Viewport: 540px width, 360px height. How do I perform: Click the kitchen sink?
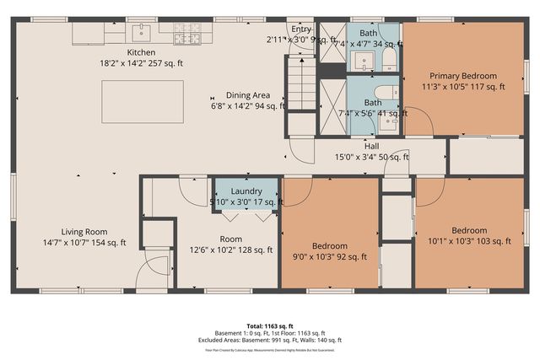pos(140,33)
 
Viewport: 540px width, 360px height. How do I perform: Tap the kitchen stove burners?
pos(186,33)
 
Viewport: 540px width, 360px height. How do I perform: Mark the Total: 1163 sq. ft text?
pos(269,325)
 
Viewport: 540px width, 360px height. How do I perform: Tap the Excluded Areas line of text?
pos(269,340)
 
